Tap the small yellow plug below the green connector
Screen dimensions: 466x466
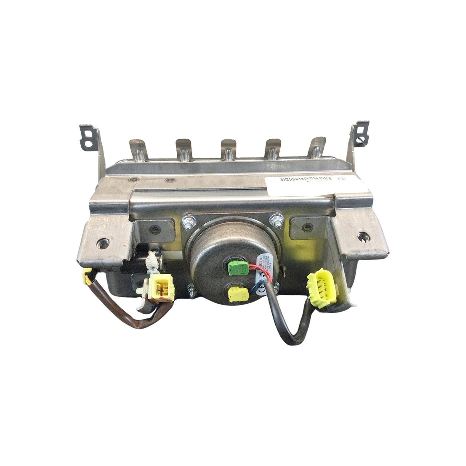point(238,294)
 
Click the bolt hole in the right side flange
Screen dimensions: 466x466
point(362,237)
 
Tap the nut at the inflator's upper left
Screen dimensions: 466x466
point(186,222)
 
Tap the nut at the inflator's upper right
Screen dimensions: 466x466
point(275,219)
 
